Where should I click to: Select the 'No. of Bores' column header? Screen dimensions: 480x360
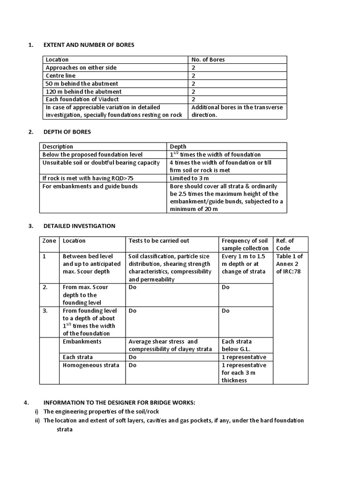point(208,60)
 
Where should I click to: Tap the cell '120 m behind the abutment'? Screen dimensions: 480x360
point(83,91)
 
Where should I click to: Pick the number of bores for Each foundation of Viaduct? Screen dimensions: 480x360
point(193,99)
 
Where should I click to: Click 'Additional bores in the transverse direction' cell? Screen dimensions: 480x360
point(237,111)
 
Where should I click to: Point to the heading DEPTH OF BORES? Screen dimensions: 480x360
point(67,132)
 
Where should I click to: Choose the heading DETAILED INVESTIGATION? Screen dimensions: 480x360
point(79,226)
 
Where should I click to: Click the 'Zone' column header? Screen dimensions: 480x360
point(49,240)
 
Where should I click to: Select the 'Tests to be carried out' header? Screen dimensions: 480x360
point(159,240)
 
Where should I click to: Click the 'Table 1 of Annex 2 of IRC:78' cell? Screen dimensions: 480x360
point(290,263)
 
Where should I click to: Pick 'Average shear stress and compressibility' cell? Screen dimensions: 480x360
point(170,345)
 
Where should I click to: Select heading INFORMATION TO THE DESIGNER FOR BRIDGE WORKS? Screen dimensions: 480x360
point(119,403)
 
